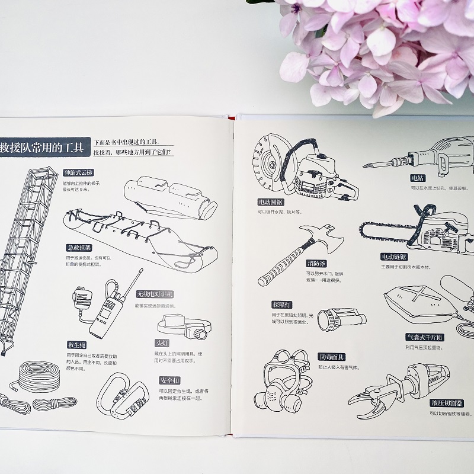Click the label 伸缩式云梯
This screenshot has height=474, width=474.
78,173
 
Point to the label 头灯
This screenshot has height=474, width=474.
162,342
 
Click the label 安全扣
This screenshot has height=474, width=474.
169,380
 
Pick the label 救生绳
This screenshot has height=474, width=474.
78,344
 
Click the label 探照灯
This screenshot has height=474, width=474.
283,304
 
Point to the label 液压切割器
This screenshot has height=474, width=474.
447,403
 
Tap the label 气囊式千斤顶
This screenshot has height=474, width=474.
424,337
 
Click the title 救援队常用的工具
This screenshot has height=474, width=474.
41,145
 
